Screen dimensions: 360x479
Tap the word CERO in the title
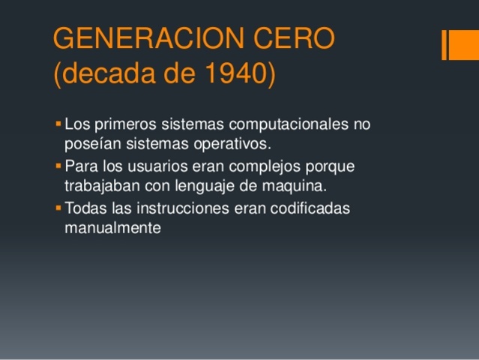[296, 39]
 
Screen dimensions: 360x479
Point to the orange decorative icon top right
[454, 44]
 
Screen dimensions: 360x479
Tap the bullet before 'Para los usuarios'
[59, 165]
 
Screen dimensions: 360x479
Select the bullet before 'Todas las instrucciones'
[59, 207]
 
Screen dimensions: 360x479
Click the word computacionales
[274, 124]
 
